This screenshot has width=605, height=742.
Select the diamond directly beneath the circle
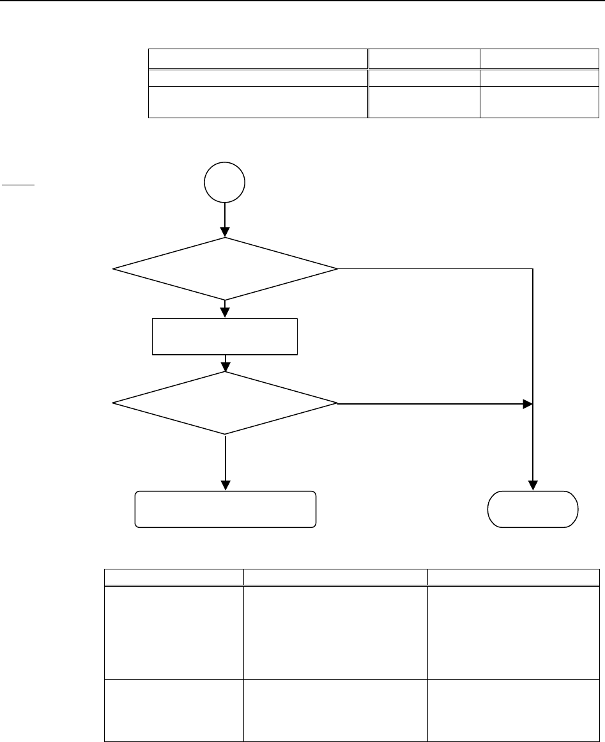[x=225, y=268]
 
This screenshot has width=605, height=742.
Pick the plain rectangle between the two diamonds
[x=225, y=336]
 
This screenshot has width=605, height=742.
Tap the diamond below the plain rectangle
[x=225, y=403]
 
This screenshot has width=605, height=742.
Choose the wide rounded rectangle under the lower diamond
[x=225, y=509]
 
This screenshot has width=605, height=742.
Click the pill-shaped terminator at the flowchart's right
[x=533, y=509]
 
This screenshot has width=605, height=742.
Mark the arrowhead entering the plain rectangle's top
[x=225, y=313]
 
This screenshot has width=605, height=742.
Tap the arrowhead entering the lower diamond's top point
[x=225, y=367]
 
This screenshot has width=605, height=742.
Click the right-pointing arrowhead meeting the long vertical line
[x=527, y=404]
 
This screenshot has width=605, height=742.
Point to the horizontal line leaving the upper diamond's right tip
[x=434, y=268]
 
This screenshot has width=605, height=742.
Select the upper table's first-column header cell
[x=259, y=59]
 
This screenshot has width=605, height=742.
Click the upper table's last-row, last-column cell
[x=539, y=102]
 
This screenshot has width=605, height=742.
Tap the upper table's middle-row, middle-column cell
[x=424, y=78]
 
